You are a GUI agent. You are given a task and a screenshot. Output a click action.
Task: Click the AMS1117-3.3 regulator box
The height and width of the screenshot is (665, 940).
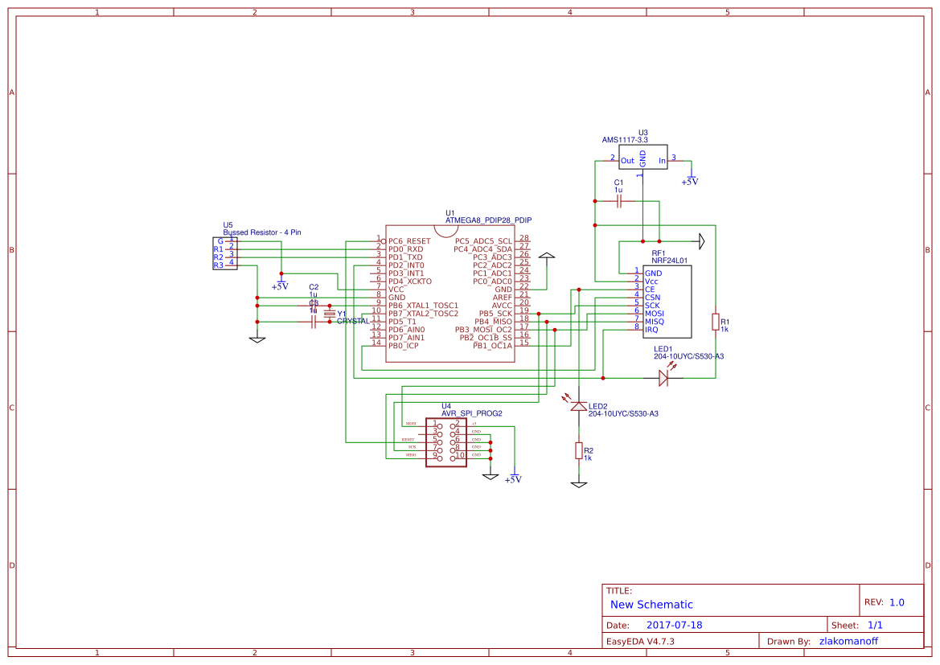[x=642, y=158]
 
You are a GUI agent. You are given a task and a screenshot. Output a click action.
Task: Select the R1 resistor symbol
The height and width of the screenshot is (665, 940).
[x=715, y=322]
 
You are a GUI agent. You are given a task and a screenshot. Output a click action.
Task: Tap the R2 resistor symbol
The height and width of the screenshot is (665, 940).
[x=578, y=450]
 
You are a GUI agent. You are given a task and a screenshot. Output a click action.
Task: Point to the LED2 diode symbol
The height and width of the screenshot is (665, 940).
[x=578, y=406]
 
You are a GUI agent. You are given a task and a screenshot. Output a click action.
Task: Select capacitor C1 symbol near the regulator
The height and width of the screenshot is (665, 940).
[x=618, y=201]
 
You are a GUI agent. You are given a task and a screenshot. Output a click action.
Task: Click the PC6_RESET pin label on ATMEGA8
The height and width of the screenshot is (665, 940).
[x=409, y=241]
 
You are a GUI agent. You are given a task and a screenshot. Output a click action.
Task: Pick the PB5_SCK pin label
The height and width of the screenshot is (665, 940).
[x=495, y=314]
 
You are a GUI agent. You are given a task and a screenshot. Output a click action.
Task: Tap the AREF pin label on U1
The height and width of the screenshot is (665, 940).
[x=502, y=298]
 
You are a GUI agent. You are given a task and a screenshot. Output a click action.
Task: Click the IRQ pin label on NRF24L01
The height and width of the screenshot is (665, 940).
[x=651, y=330]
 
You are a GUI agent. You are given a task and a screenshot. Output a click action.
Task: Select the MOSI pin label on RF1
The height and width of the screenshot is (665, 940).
[x=654, y=314]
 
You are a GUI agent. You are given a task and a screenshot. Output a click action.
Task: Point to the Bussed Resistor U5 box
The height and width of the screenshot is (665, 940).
[x=224, y=252]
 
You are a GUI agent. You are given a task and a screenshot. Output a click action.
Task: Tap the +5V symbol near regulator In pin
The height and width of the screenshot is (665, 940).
[x=690, y=179]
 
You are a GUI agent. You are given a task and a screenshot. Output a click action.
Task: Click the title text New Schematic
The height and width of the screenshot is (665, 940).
[x=651, y=605]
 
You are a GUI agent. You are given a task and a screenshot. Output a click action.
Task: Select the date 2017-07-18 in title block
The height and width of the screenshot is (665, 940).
[x=675, y=625]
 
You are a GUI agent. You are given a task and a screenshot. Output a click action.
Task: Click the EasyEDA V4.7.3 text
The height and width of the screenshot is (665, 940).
[x=640, y=642]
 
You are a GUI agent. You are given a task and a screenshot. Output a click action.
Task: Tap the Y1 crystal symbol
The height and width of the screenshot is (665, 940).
[x=329, y=314]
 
